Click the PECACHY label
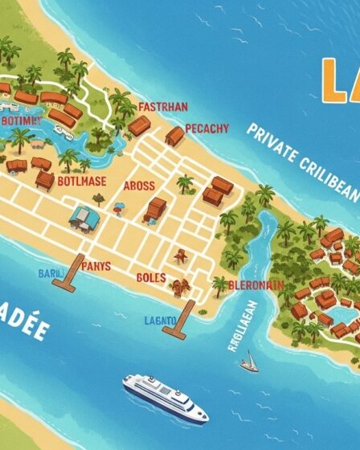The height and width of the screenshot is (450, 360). coord(207,129)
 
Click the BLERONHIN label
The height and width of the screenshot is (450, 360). coord(256,284)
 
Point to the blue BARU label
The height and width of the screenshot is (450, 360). coord(49,274)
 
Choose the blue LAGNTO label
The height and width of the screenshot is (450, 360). coord(160,320)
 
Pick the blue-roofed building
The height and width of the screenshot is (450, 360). coord(81,215)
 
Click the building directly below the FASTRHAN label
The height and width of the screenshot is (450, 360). coord(139,125)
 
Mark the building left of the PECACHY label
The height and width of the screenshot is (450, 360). coord(174,136)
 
